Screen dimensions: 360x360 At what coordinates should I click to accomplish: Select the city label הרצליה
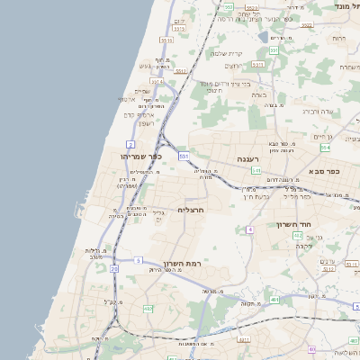(x=193, y=209)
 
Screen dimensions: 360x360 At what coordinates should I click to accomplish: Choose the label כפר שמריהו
(x=140, y=156)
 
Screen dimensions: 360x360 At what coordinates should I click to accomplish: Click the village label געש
(x=146, y=65)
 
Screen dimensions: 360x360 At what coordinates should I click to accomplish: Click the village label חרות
(x=339, y=39)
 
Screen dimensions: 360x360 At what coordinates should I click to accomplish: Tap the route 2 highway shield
(x=130, y=144)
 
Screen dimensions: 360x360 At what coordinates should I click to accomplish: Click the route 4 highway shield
(x=249, y=229)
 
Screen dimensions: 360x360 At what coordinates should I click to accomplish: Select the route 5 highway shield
(x=139, y=260)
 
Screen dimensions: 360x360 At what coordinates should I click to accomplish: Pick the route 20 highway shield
(x=114, y=268)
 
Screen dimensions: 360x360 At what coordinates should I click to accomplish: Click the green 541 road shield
(x=256, y=169)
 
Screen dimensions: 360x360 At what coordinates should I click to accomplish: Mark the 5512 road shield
(x=180, y=69)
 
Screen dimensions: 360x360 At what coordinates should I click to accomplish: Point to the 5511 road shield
(x=166, y=40)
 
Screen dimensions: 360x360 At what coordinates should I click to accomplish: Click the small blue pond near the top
(x=274, y=39)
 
